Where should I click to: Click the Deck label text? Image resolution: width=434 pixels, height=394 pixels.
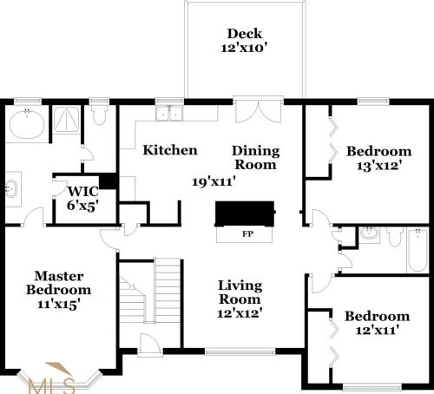[244, 35]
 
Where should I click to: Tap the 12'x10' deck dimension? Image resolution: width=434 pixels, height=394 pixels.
[244, 49]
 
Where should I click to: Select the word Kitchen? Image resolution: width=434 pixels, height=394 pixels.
[170, 150]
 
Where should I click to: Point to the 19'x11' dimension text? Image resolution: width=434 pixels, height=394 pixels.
[215, 181]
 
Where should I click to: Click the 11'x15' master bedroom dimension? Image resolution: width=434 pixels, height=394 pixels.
[58, 305]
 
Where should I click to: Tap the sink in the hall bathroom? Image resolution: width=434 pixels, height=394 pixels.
[369, 234]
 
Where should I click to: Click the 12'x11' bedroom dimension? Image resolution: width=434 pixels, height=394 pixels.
[376, 331]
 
